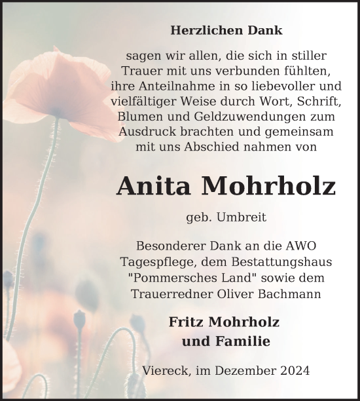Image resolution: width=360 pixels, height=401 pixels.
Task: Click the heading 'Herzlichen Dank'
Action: point(226,30)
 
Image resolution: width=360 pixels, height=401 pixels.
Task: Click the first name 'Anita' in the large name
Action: point(154,187)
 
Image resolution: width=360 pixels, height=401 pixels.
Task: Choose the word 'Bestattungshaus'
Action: point(286,261)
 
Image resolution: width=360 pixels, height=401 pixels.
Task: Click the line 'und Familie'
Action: point(226,341)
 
